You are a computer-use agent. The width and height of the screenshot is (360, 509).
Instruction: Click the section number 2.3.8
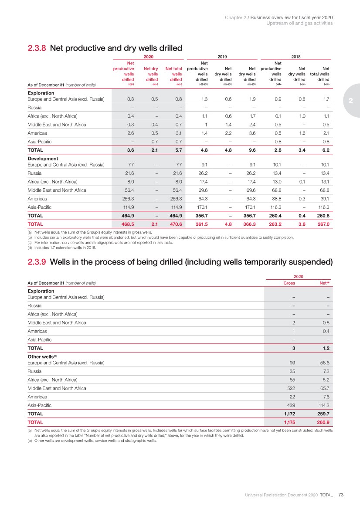(37, 48)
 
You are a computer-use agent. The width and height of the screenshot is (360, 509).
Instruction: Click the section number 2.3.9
(37, 262)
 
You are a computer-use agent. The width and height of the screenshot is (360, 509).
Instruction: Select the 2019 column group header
(222, 56)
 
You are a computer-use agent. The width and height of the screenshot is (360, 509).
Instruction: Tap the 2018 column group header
(295, 56)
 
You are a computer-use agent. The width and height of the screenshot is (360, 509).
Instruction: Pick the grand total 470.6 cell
(174, 224)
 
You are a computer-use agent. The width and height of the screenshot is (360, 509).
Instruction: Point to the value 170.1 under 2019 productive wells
(200, 207)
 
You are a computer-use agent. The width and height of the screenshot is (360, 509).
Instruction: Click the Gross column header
(289, 283)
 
